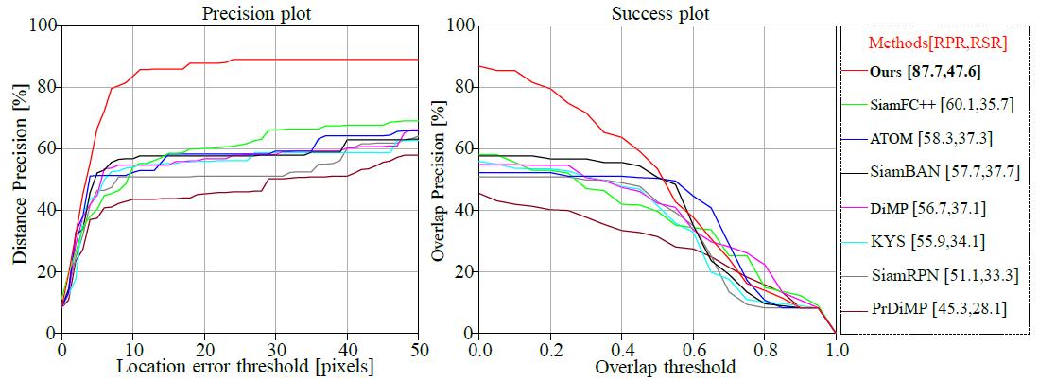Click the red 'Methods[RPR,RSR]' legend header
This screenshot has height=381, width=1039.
(x=935, y=42)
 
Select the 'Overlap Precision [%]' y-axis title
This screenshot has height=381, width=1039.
(x=437, y=180)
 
